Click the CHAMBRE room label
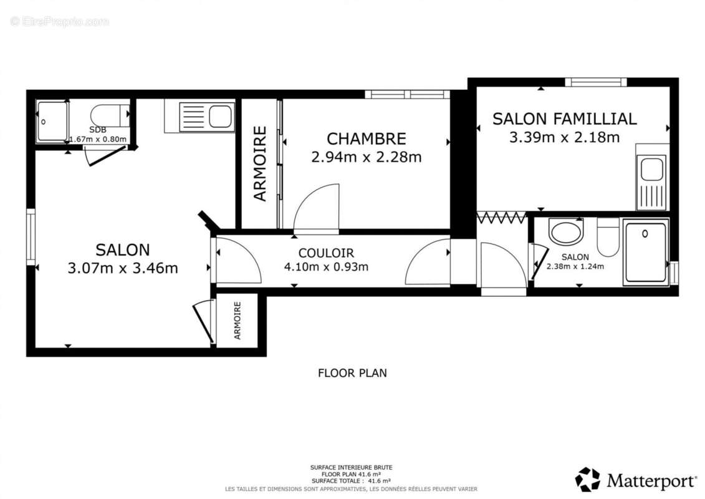point(366,138)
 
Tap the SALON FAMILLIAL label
point(564,119)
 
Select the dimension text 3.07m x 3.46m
point(122,268)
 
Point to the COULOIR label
point(326,253)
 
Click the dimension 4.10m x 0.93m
point(326,267)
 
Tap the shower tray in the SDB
point(52,122)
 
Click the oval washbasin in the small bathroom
point(566,232)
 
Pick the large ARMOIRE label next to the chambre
point(260,163)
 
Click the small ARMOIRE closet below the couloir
point(237,320)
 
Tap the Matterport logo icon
point(587,479)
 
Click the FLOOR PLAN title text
point(352,373)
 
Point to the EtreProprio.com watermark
point(59,22)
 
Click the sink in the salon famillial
point(651,170)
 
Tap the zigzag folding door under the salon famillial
point(501,217)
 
